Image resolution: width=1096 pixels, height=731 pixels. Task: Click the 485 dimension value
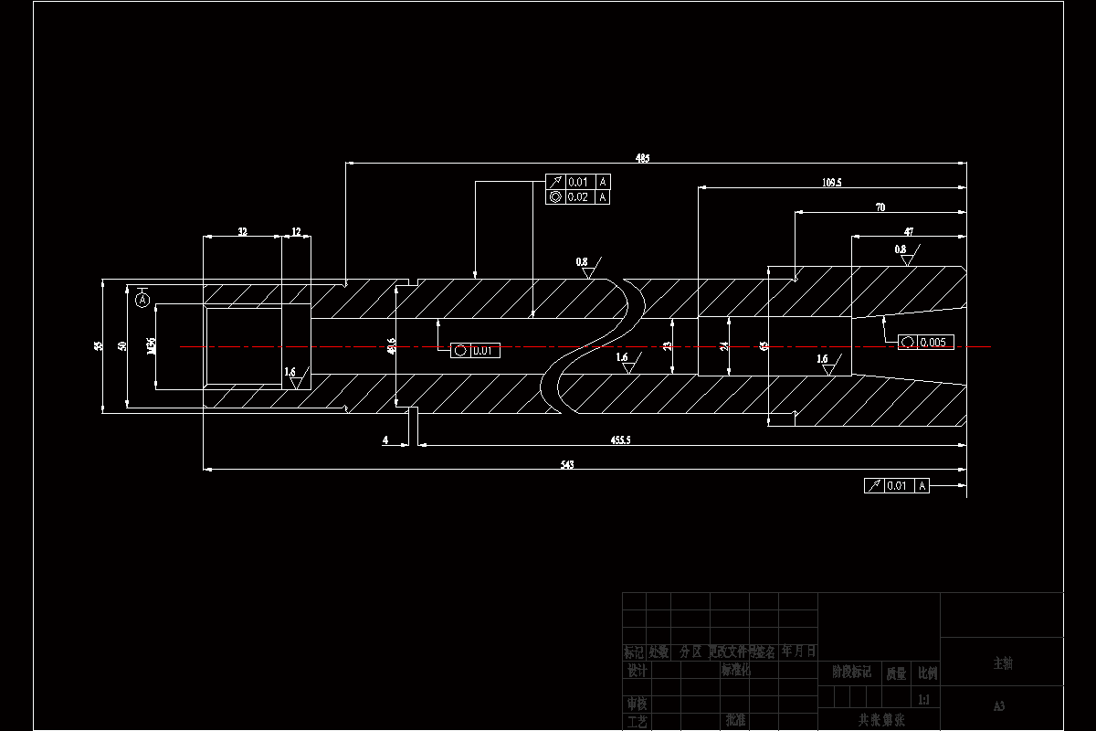click(643, 158)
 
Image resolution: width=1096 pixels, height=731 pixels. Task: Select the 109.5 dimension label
click(831, 183)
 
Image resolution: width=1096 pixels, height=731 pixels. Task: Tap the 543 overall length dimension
click(566, 465)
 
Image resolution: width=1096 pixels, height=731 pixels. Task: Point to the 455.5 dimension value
click(620, 440)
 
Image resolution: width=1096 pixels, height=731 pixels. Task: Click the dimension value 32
click(242, 232)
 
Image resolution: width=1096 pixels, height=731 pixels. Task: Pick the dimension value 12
click(296, 232)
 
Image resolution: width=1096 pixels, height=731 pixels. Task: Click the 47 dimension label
click(909, 232)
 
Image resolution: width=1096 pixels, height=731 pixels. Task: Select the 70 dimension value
click(880, 207)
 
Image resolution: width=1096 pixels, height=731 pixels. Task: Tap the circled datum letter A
click(142, 299)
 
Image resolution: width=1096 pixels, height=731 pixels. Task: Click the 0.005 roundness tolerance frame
click(927, 343)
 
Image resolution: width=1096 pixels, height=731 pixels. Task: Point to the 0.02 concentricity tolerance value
click(578, 196)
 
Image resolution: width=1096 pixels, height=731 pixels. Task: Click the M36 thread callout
click(151, 346)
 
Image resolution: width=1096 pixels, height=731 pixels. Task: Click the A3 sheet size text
click(999, 706)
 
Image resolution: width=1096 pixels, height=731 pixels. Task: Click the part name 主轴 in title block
click(1002, 663)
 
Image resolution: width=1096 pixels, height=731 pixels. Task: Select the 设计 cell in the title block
click(637, 670)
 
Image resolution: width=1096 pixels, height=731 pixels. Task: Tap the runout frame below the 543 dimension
click(896, 486)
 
